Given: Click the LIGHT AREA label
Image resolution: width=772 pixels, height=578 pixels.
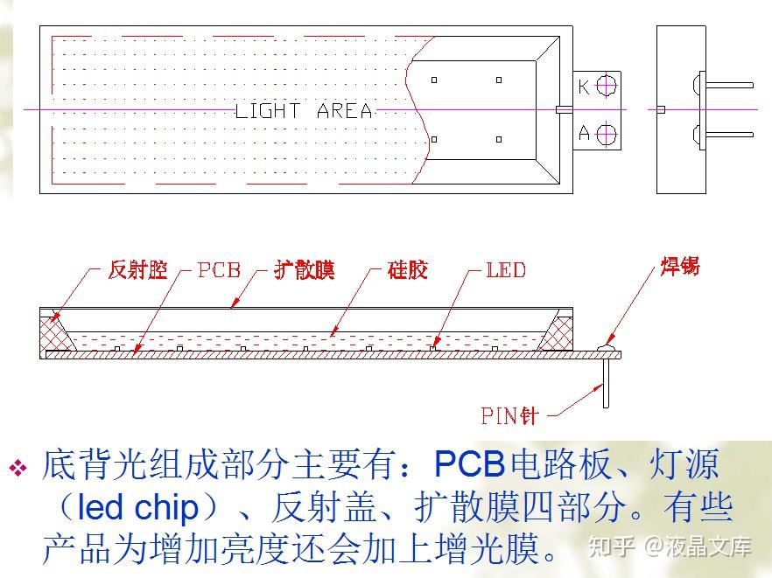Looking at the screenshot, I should [x=304, y=111].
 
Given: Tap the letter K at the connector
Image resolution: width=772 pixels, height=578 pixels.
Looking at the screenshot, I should [x=584, y=86].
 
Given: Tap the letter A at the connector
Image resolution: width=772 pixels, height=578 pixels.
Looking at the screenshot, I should [x=584, y=134].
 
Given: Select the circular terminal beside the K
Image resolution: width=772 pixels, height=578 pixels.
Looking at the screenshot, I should [x=606, y=86].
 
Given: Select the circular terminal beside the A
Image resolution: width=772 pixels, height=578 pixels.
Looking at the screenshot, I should [x=606, y=134].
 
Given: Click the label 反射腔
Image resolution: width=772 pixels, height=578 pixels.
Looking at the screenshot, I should [x=137, y=269].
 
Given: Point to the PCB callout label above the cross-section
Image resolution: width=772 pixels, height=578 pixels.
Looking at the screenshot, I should [x=219, y=269].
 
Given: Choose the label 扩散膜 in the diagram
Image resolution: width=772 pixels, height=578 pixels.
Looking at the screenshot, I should [x=304, y=269].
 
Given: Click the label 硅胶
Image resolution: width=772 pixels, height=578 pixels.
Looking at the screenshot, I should [x=407, y=269].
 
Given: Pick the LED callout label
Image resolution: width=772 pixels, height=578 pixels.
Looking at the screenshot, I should [x=506, y=269].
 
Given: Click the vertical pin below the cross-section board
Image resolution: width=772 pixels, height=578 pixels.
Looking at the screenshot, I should [x=605, y=385].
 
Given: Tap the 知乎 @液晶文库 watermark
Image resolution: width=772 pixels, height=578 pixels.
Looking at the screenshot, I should [x=670, y=547].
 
